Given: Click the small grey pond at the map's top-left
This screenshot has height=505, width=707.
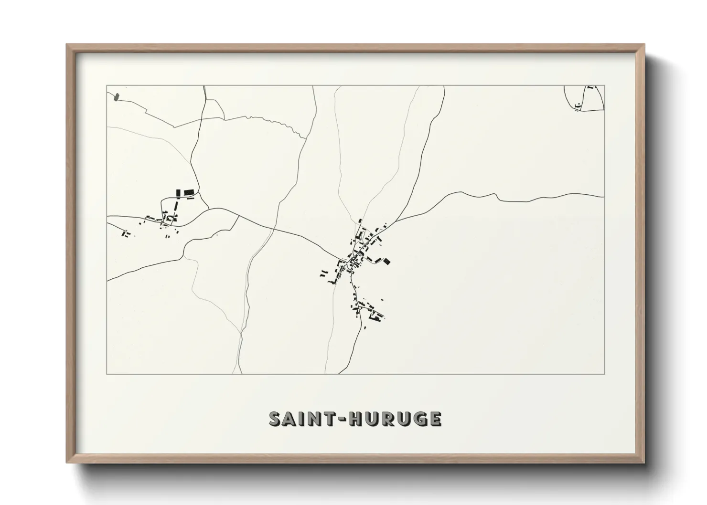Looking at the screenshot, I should pos(116,98).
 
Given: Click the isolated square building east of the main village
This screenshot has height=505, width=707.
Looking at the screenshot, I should pos(387,261).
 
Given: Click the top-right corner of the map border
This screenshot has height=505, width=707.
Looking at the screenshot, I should pos(604,85).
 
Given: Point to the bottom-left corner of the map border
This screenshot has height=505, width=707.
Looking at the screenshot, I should pos(107,374).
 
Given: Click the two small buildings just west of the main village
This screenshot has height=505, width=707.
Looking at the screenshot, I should pos(324,273).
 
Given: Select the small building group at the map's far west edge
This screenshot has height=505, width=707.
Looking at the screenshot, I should pos(126,233).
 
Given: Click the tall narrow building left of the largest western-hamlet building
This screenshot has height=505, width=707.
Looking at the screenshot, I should pos(178,193).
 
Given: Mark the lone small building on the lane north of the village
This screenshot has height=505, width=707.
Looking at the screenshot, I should pos(360,221).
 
